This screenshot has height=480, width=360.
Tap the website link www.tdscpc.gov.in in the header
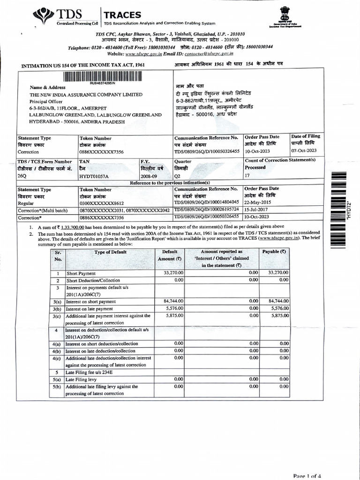click(x=142, y=54)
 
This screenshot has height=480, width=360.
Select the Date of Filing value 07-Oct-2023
click(x=304, y=151)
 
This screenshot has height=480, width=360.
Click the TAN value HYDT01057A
click(x=94, y=176)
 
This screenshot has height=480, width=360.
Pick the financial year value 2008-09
click(x=150, y=176)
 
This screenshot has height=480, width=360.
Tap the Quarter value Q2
click(x=178, y=176)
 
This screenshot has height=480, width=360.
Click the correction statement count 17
click(x=248, y=176)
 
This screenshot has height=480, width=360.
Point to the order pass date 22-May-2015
click(x=258, y=202)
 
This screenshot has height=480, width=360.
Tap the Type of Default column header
click(x=110, y=252)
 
